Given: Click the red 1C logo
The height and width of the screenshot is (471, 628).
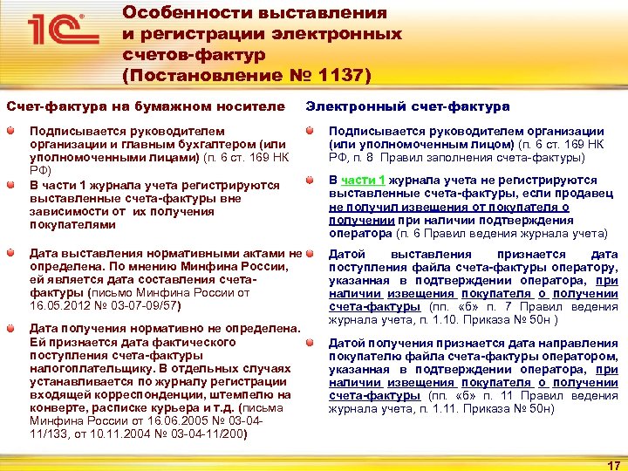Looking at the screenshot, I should tap(59, 31).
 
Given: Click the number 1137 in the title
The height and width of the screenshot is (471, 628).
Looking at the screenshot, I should tap(340, 76).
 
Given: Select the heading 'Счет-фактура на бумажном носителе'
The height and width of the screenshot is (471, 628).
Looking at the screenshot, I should tap(146, 106).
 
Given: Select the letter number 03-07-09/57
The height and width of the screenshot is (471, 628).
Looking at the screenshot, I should tap(147, 307).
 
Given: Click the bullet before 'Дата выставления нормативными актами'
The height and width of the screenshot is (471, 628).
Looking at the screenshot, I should tap(11, 252).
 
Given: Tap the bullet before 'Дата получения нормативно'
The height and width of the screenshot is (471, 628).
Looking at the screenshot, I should tap(11, 327).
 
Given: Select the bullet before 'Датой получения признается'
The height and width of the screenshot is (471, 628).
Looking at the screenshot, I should tap(311, 340).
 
